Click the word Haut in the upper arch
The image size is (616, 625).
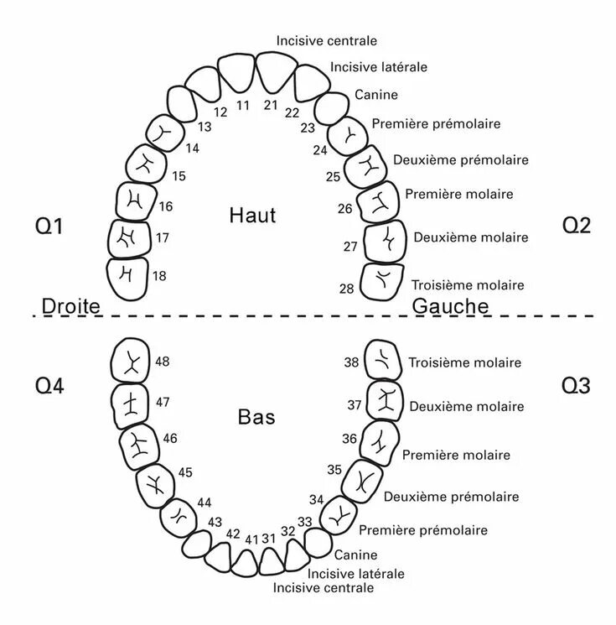click(x=252, y=216)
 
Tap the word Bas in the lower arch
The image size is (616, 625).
click(x=256, y=416)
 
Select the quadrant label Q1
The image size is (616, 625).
click(x=50, y=227)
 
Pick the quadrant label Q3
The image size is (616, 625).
click(x=576, y=386)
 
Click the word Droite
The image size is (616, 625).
click(x=70, y=306)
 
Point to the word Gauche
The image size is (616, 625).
click(x=451, y=306)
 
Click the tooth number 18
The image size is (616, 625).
click(x=160, y=275)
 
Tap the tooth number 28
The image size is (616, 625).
click(x=347, y=289)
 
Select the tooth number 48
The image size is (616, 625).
click(x=163, y=362)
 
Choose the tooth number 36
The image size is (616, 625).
click(x=349, y=438)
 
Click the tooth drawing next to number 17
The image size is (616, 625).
click(x=129, y=238)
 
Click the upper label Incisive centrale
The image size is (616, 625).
click(x=327, y=40)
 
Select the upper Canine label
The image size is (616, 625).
click(x=376, y=95)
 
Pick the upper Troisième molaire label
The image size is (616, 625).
click(x=468, y=285)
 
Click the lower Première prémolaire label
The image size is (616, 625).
click(x=422, y=530)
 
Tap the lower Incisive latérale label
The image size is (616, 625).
click(x=355, y=574)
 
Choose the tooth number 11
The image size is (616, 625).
click(x=243, y=105)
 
